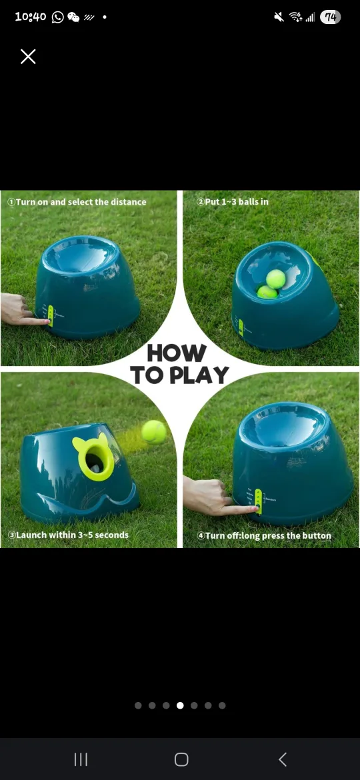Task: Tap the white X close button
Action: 28,57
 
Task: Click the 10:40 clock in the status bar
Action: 31,17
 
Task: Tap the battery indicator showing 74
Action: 330,17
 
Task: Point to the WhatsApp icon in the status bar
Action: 58,17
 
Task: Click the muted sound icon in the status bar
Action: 279,17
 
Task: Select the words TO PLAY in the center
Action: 179,375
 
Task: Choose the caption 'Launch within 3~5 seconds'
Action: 68,535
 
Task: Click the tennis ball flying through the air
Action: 154,431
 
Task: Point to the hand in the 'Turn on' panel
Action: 16,310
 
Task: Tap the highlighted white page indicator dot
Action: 180,705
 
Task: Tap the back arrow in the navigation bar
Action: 282,759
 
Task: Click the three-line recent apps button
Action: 81,759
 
